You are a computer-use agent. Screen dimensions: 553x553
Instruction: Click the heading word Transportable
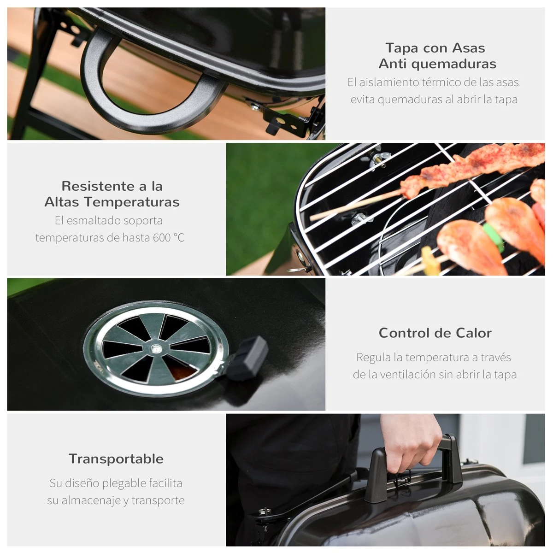(116, 459)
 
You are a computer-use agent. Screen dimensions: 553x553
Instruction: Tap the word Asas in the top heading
(468, 48)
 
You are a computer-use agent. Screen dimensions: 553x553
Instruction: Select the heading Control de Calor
(435, 333)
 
